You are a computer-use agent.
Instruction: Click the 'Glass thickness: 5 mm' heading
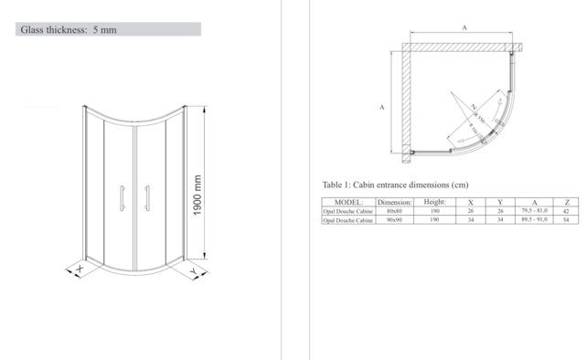click(69, 30)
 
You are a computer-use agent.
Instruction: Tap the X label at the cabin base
click(80, 270)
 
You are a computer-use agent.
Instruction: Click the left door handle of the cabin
click(122, 199)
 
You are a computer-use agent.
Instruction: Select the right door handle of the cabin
click(147, 199)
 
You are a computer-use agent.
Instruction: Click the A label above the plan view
click(464, 29)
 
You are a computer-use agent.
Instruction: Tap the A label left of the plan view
click(380, 107)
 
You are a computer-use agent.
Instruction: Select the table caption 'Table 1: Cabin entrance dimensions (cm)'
click(395, 185)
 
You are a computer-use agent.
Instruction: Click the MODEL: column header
click(348, 202)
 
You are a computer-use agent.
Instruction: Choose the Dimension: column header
click(395, 202)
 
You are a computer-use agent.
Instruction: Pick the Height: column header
click(434, 202)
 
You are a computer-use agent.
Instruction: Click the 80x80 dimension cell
click(395, 211)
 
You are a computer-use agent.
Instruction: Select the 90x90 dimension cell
click(395, 220)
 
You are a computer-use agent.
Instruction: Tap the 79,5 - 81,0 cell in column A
click(534, 211)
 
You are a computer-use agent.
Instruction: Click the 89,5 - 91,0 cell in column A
click(534, 220)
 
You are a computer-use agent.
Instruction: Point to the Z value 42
click(567, 211)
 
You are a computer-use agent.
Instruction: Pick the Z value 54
click(567, 220)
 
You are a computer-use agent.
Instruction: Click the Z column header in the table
click(567, 202)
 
